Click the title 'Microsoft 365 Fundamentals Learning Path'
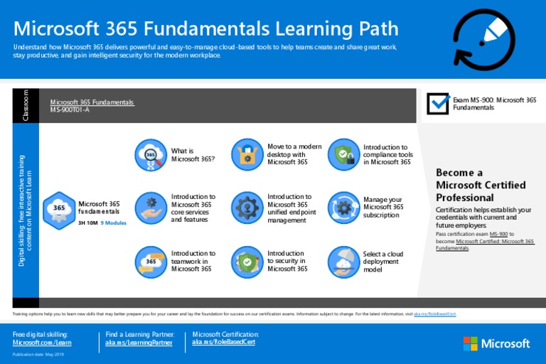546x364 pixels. point(206,28)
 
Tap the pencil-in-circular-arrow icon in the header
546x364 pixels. point(483,41)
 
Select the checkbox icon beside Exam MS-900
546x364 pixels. point(438,103)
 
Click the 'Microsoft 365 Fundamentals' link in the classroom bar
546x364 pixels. point(92,102)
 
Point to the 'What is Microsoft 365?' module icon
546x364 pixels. point(151,155)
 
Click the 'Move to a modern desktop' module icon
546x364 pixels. point(247,155)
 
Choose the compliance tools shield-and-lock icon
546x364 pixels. point(344,155)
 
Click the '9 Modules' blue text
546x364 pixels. point(114,223)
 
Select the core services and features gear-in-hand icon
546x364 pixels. point(151,208)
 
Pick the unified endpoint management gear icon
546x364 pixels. point(247,208)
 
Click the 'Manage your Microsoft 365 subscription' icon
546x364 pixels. point(344,208)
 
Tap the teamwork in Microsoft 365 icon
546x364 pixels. point(151,262)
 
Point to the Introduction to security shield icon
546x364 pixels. point(247,262)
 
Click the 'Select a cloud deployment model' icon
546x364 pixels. point(344,262)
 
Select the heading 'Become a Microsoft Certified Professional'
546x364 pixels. point(481,185)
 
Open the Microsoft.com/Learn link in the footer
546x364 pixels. point(42,343)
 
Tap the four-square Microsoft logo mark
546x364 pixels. point(471,344)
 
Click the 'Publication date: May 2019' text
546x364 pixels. point(38,355)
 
